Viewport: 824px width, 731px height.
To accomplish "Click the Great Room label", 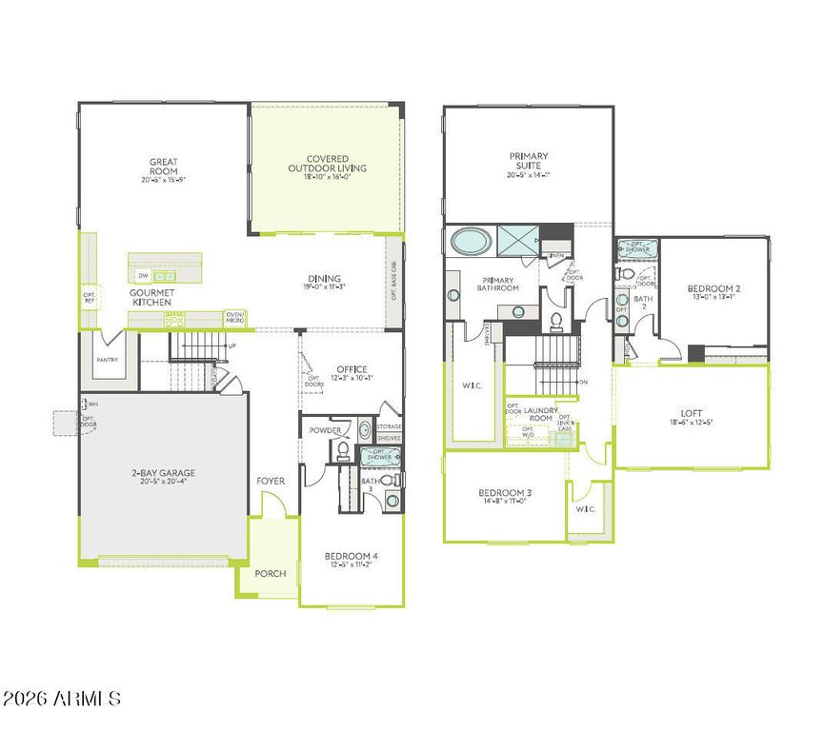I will coord(164,167).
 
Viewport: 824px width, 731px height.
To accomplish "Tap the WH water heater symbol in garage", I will coord(91,404).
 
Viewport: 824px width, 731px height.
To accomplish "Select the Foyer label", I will coord(271,481).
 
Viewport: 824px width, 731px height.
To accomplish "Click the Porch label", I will coord(270,573).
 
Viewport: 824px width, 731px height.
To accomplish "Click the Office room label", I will coord(349,369).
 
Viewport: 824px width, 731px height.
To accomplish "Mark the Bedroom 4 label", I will coord(351,556).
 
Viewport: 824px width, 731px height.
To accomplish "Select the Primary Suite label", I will coord(528,161).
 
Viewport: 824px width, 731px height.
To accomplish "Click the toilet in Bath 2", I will coord(625,273).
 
